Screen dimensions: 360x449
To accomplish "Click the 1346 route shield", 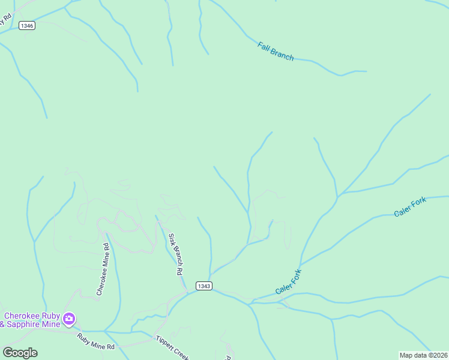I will (x=27, y=25).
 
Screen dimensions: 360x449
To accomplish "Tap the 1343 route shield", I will (x=203, y=286).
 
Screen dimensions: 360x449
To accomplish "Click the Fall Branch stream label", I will (x=276, y=51).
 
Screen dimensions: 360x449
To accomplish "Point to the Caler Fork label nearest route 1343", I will (x=288, y=282).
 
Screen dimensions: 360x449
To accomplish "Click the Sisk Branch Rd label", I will (x=175, y=254).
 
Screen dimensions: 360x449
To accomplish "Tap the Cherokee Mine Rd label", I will (x=103, y=269).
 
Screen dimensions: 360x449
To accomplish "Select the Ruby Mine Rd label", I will (x=95, y=342).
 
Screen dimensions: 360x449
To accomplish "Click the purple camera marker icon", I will (x=69, y=319).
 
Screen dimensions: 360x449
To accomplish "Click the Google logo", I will (x=20, y=353).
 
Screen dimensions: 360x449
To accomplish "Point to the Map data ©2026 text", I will (x=423, y=355).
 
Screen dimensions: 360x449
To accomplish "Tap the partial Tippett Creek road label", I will (x=172, y=347).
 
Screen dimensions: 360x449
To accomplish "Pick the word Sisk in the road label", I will (x=171, y=239).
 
